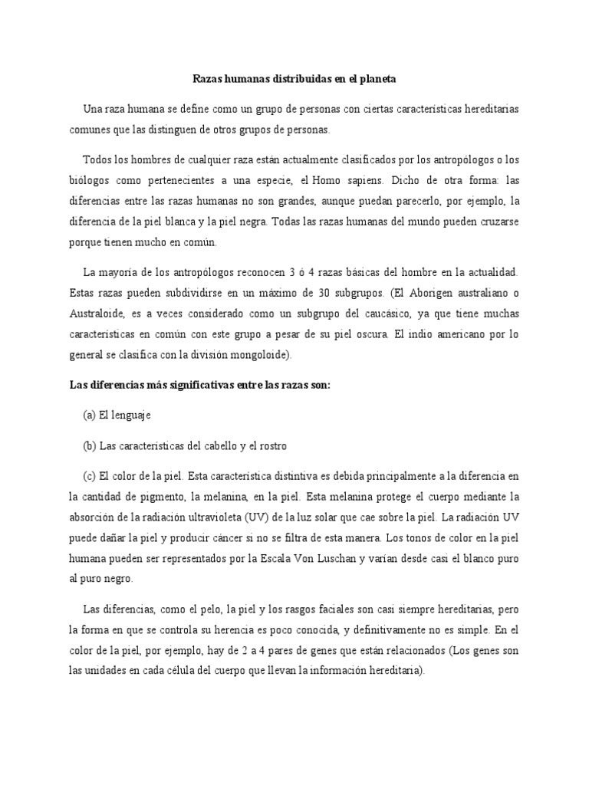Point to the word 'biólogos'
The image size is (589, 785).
(90, 182)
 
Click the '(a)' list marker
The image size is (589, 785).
(89, 415)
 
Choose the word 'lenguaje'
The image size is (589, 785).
(131, 415)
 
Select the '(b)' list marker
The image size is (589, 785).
(90, 445)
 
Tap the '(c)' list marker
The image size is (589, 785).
(89, 475)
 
